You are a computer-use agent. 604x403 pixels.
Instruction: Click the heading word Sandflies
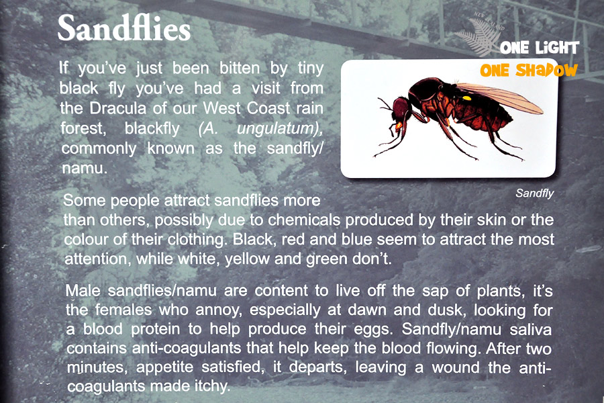(124, 28)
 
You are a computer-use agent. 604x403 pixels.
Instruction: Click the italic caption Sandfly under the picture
(535, 193)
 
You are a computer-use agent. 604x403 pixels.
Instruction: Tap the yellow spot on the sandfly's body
(466, 98)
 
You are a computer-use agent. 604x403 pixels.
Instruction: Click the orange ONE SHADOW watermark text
(529, 70)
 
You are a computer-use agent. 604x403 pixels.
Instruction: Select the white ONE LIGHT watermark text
(540, 48)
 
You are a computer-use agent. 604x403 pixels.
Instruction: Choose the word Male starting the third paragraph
(84, 290)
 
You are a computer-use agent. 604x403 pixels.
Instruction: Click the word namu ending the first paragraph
(85, 169)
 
